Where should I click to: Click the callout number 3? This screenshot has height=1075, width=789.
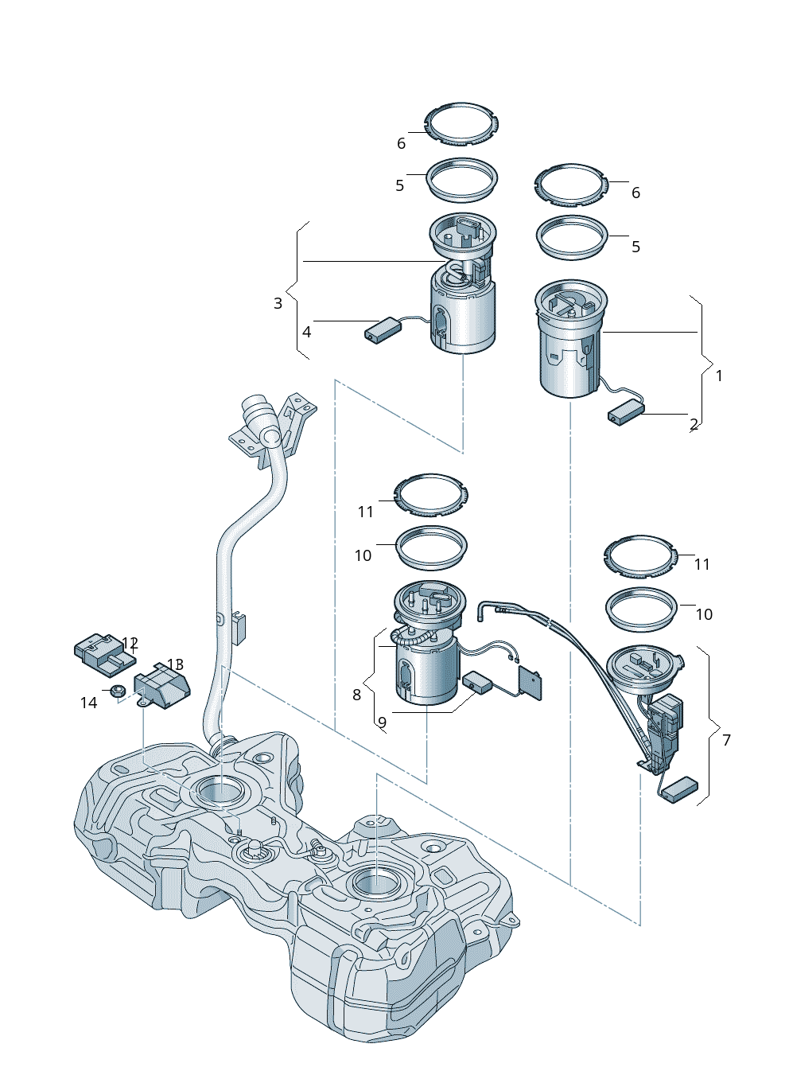(278, 303)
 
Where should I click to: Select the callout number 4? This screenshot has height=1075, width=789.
(306, 332)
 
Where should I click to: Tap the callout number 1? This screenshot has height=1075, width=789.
(719, 375)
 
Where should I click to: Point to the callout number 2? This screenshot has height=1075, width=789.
(694, 424)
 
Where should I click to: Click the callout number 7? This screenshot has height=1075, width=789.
(726, 740)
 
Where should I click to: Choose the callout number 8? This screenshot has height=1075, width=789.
(356, 695)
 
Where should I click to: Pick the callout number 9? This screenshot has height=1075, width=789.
(382, 723)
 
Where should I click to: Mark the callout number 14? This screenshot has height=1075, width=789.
(88, 703)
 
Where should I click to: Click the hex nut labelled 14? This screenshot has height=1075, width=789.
(116, 691)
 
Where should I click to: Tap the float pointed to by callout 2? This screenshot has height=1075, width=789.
(626, 412)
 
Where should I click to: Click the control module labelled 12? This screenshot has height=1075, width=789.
(103, 649)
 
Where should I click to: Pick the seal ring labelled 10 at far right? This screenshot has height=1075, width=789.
(641, 608)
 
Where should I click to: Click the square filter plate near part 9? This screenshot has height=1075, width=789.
(531, 682)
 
